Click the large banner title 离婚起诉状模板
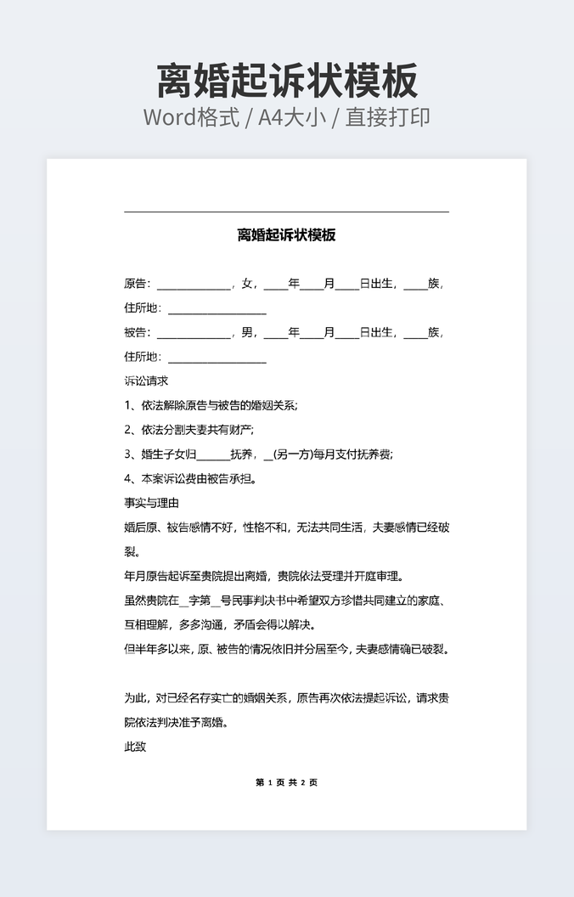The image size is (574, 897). [287, 82]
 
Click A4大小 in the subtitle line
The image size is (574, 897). [292, 117]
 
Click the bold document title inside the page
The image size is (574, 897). [286, 235]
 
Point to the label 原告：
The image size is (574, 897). [137, 284]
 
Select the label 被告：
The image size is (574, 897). [137, 332]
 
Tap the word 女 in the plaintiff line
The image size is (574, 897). [248, 284]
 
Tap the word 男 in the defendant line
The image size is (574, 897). [248, 332]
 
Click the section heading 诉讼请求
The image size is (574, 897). [146, 381]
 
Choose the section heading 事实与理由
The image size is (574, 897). [151, 503]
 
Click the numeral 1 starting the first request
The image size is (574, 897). [127, 405]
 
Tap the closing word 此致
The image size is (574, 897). [135, 747]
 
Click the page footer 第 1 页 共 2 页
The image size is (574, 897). [286, 782]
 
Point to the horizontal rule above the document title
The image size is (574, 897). [286, 212]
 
